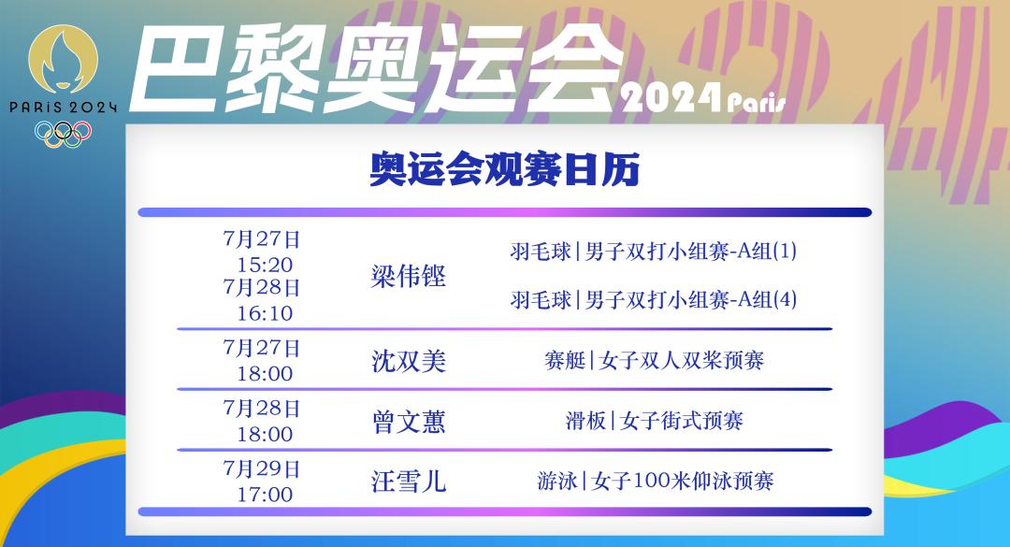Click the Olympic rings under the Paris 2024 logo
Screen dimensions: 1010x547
[64, 134]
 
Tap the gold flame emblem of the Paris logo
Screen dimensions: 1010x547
[64, 59]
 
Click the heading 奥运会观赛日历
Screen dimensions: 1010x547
[504, 169]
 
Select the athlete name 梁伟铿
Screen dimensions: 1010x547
[409, 276]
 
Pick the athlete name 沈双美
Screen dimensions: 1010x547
[409, 361]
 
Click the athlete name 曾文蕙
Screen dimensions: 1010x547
[409, 422]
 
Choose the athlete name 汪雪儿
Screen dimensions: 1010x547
[409, 482]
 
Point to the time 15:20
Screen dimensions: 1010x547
[265, 265]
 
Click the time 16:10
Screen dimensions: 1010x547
[265, 313]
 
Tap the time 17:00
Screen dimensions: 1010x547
[265, 494]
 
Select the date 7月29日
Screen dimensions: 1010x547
[262, 468]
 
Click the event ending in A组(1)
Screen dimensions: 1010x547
[653, 251]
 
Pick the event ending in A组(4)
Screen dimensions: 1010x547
[653, 299]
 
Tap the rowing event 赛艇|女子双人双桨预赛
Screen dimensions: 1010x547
[654, 360]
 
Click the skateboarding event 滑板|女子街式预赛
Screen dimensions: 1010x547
[654, 421]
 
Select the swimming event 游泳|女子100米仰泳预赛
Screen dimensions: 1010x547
[655, 481]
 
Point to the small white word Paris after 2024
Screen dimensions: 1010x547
[757, 103]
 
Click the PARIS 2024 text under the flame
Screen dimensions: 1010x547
[64, 107]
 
